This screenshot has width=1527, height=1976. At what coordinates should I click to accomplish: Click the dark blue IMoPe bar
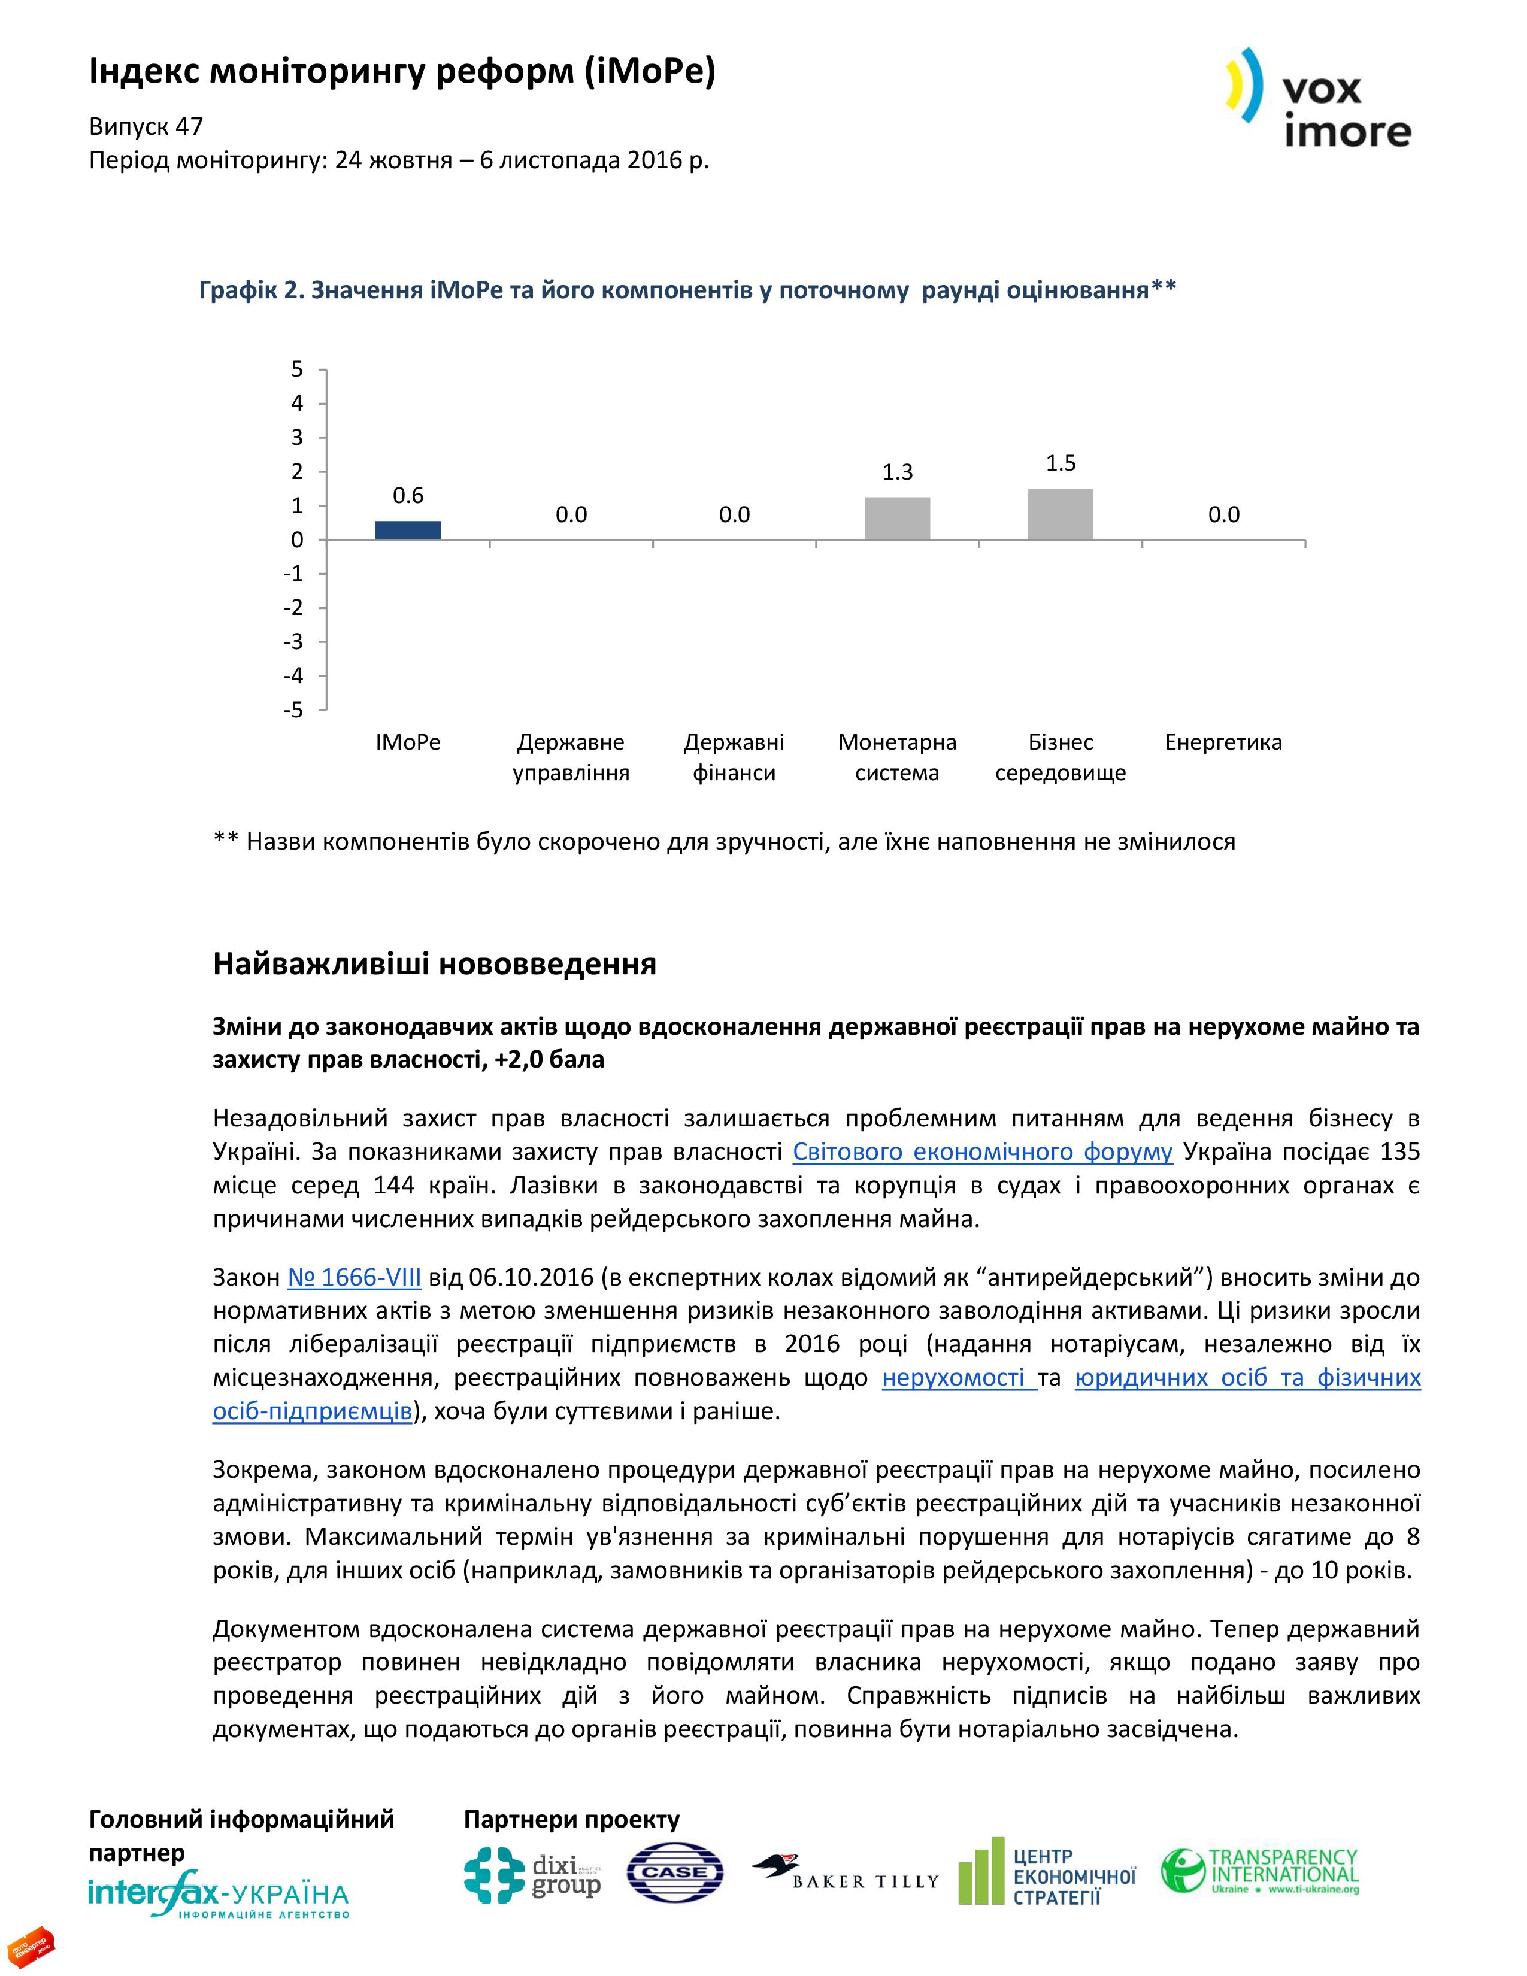pyautogui.click(x=408, y=530)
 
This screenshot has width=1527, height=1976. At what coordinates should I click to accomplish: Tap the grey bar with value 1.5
pyautogui.click(x=1060, y=514)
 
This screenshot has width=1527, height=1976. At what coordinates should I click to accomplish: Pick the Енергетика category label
pyautogui.click(x=1223, y=743)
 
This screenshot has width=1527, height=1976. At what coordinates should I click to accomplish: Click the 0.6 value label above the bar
pyautogui.click(x=408, y=495)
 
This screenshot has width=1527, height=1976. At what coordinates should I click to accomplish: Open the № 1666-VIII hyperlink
pyautogui.click(x=354, y=1278)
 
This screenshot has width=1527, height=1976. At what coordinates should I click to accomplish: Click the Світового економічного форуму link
pyautogui.click(x=983, y=1151)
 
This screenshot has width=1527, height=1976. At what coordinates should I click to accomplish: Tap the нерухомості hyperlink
pyautogui.click(x=959, y=1378)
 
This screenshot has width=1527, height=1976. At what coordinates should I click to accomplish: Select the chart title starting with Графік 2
pyautogui.click(x=687, y=290)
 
